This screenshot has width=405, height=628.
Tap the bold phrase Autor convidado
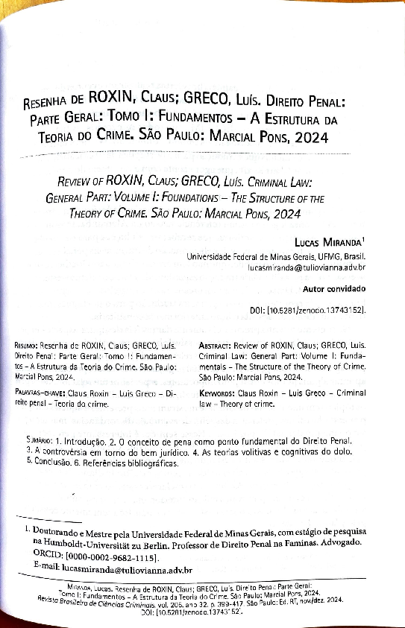334,288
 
